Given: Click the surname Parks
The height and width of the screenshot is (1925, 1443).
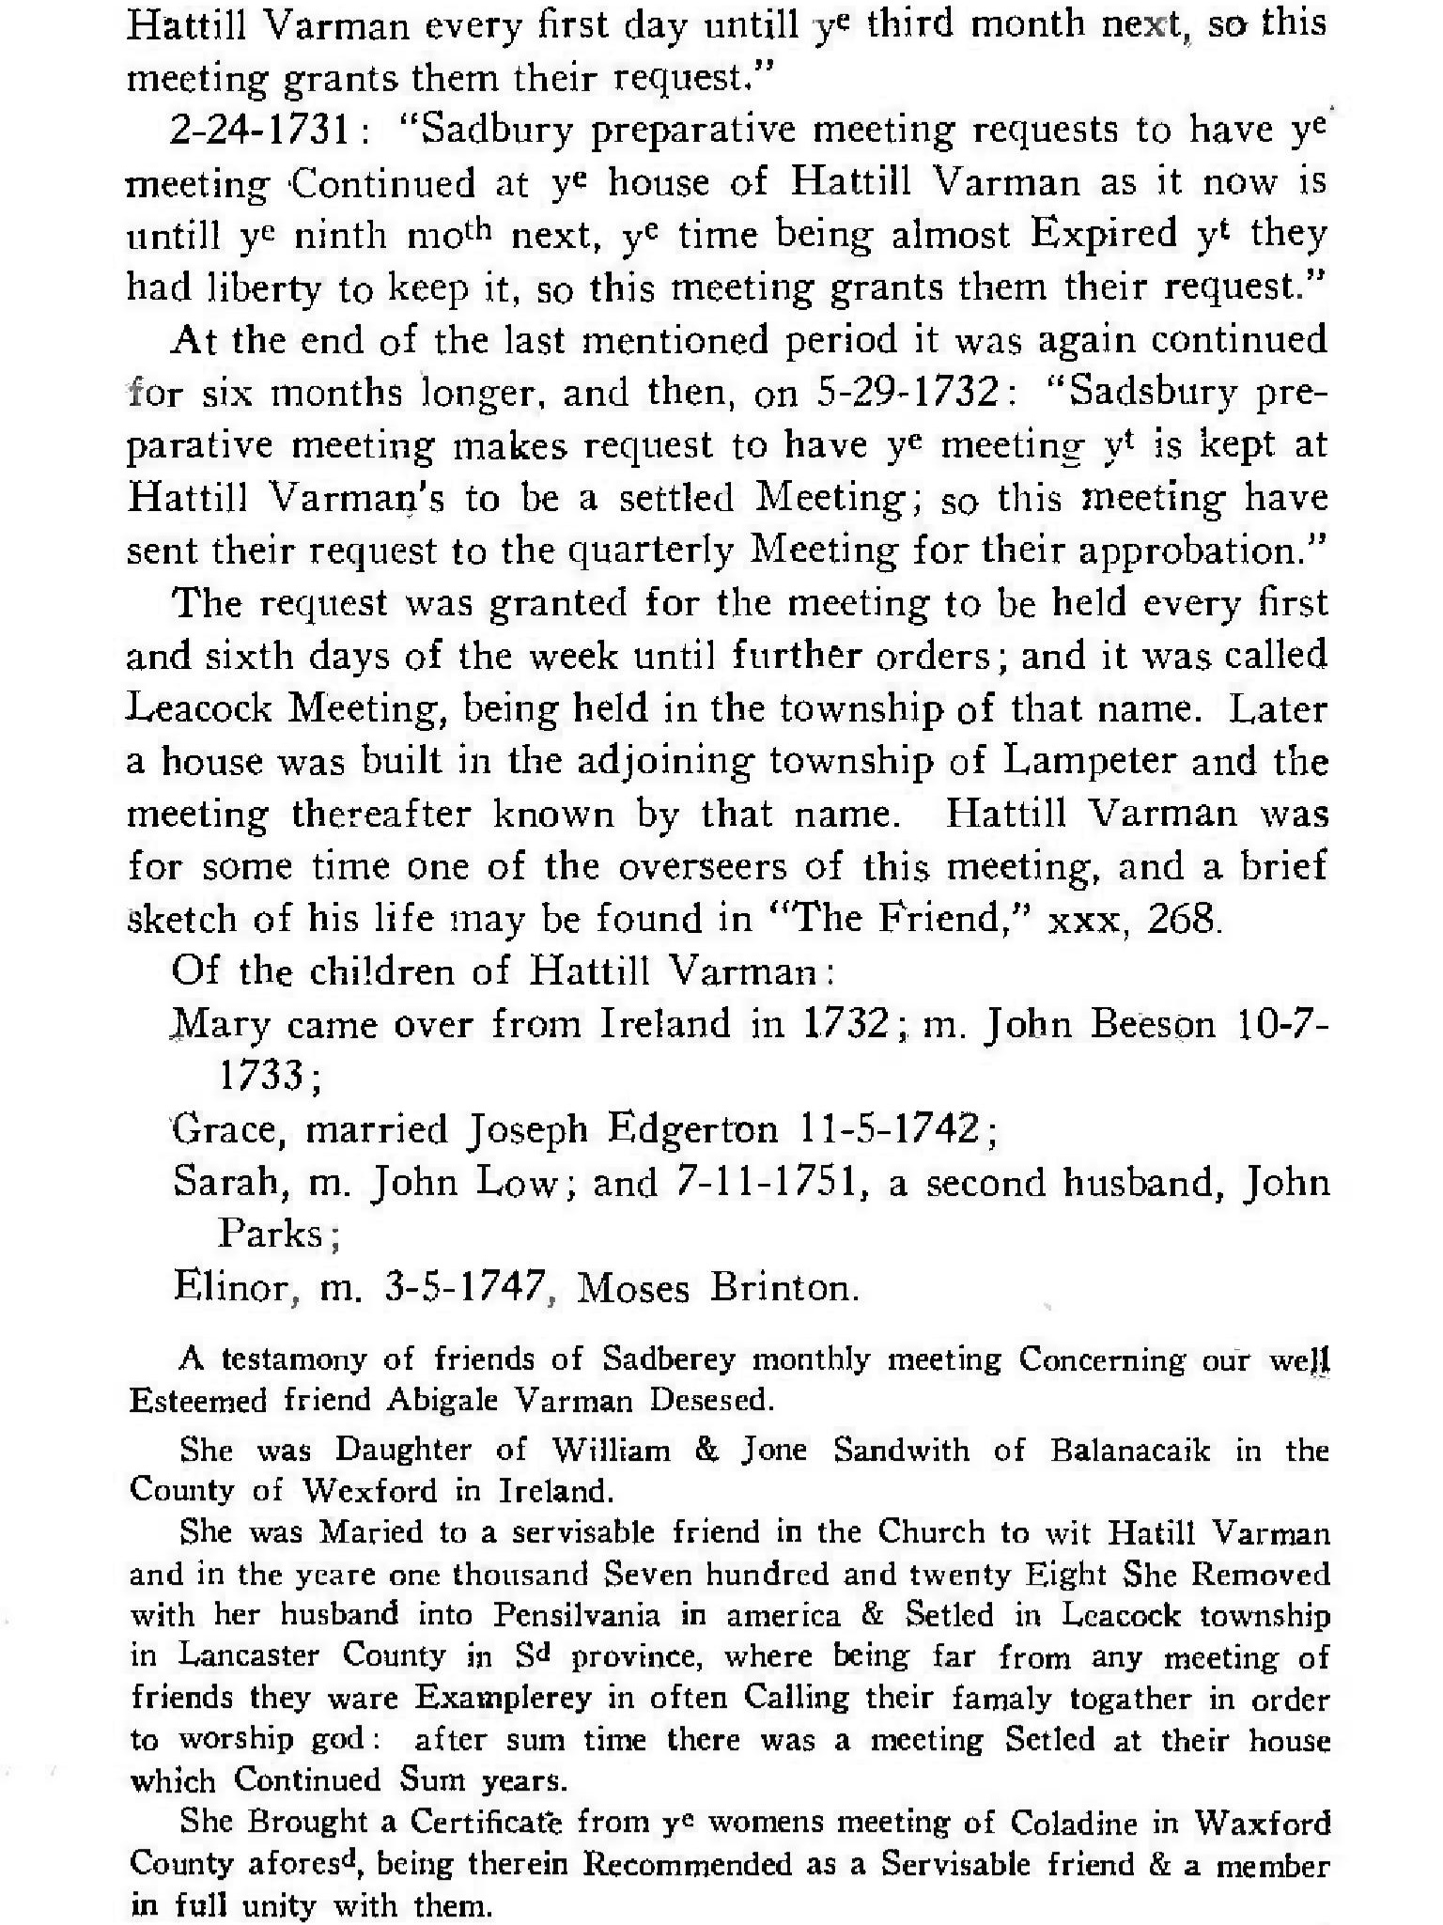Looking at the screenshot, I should (271, 1234).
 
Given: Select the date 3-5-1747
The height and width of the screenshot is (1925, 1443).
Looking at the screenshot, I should (465, 1286).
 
